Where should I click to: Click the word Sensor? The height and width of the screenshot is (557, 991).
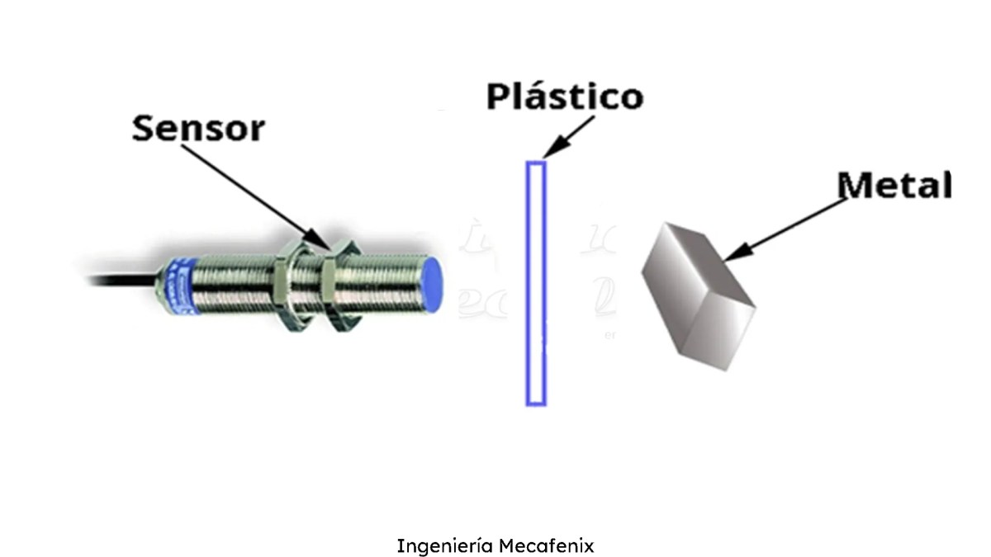coord(199,130)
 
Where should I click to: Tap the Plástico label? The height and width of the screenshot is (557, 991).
coord(564,97)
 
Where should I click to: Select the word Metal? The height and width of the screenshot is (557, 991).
coord(894,186)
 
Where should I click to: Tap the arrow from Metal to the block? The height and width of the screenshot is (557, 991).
coord(793,227)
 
